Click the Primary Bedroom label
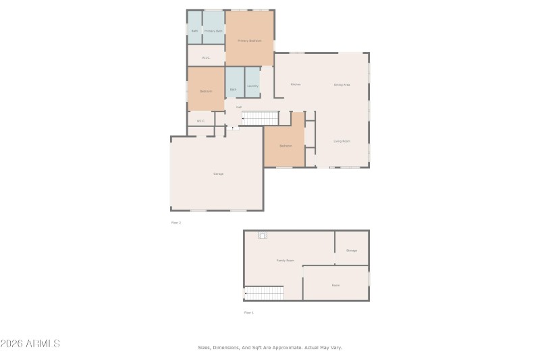[249, 41]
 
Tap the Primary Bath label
[213, 31]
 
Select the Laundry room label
[252, 86]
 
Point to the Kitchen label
[295, 84]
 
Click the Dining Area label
[342, 84]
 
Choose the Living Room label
[342, 141]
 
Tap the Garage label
[218, 174]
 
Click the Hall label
[238, 107]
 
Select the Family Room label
[285, 260]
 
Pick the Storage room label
[352, 250]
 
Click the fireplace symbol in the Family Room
[263, 235]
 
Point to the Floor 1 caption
[249, 313]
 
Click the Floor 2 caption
[176, 222]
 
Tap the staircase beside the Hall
[260, 118]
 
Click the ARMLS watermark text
[30, 344]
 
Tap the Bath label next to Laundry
[233, 89]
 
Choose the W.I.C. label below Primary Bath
[205, 57]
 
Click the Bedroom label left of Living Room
[286, 145]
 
